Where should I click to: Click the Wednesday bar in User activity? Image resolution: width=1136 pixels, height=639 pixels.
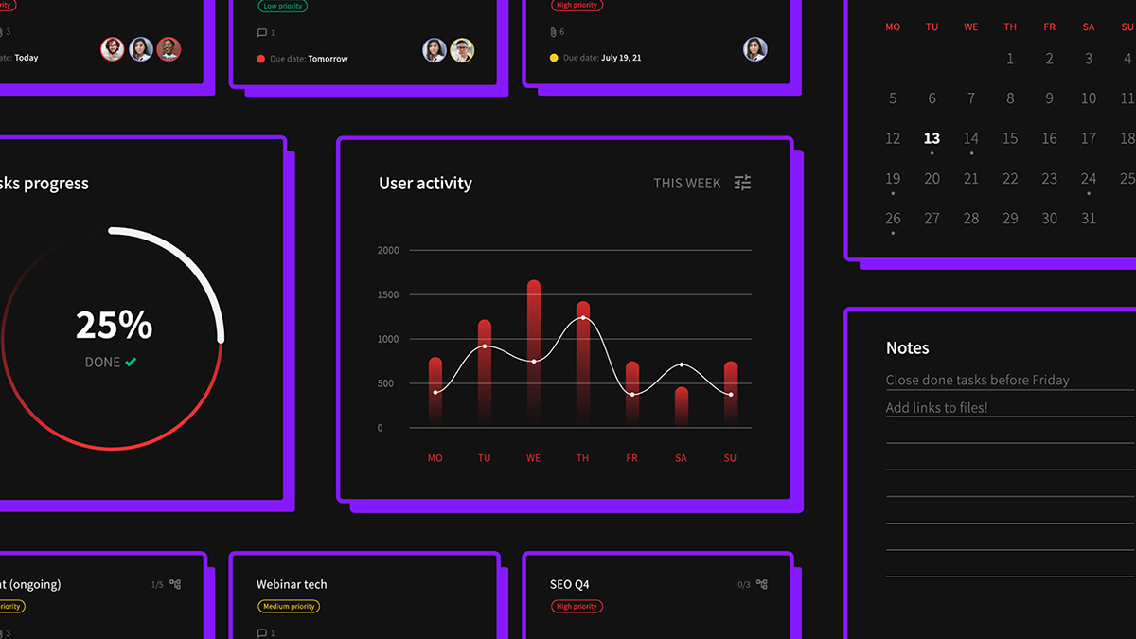click(534, 350)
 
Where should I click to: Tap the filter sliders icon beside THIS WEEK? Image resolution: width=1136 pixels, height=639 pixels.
click(743, 183)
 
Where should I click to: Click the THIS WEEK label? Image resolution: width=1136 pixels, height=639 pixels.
click(687, 184)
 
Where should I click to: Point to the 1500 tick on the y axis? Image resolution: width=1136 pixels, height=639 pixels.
click(388, 294)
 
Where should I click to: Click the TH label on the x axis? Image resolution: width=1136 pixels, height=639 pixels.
click(582, 458)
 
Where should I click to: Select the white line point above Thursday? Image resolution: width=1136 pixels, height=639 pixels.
click(583, 318)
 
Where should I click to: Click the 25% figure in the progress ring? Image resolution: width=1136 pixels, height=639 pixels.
click(114, 325)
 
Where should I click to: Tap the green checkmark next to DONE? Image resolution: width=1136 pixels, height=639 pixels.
click(131, 362)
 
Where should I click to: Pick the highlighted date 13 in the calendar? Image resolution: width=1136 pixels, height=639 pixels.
click(932, 138)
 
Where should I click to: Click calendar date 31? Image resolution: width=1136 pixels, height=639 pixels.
click(1089, 218)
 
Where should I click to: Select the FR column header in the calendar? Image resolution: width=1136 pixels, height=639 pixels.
click(1049, 27)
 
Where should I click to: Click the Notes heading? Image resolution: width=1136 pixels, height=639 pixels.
click(907, 348)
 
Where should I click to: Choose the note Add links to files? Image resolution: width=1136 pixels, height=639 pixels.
click(936, 408)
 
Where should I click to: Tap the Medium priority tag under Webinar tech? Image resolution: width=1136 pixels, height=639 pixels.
click(289, 606)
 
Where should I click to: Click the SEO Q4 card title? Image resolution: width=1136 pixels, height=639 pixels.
click(569, 584)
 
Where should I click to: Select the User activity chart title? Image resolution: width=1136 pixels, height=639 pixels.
click(425, 184)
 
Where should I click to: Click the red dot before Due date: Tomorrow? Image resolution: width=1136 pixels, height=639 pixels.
click(261, 59)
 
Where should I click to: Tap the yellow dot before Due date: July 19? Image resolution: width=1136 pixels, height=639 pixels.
click(554, 58)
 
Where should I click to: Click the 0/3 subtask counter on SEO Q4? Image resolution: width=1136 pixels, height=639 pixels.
click(744, 585)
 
